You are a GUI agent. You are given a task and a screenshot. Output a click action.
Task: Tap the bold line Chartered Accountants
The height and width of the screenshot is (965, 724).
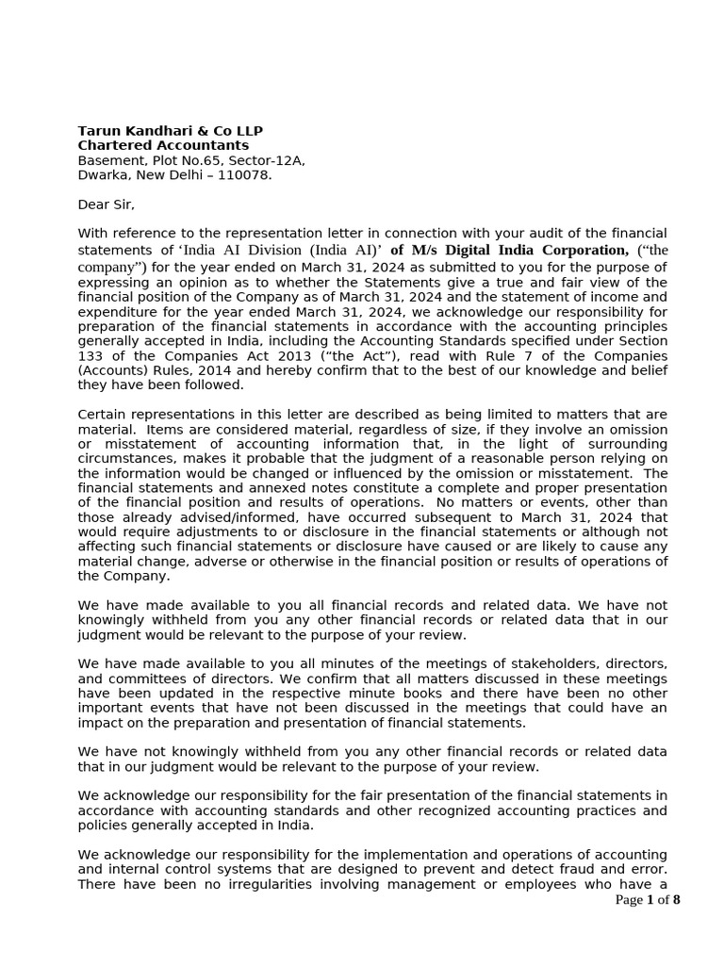tap(163, 146)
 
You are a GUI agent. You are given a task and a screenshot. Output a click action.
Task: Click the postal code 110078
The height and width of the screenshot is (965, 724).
tap(243, 175)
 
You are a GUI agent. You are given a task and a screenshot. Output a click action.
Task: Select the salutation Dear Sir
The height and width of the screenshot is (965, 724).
tap(106, 204)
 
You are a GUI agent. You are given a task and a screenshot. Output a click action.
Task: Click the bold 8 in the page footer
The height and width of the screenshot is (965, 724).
tap(676, 900)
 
